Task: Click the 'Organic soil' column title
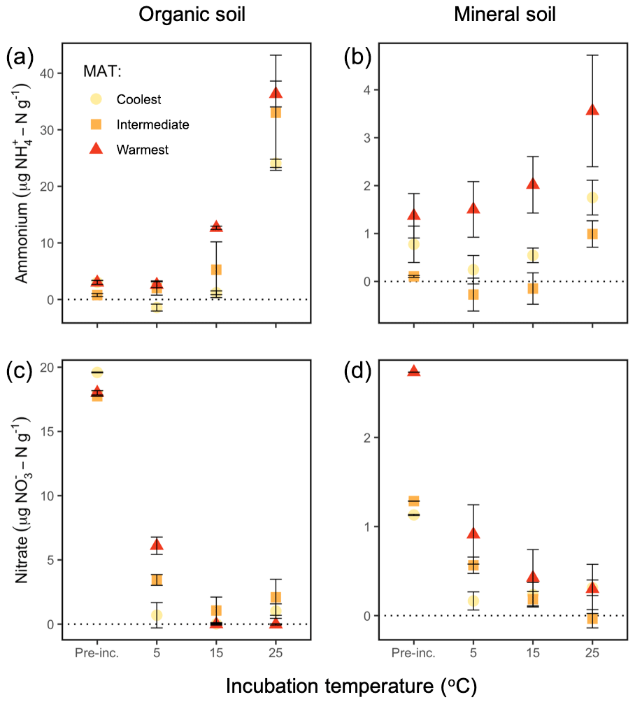click(x=192, y=15)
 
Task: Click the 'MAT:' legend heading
click(x=99, y=73)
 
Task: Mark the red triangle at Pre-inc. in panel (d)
click(x=414, y=371)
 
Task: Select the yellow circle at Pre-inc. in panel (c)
click(x=97, y=372)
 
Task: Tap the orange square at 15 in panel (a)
click(x=216, y=270)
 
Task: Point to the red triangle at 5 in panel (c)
click(x=157, y=545)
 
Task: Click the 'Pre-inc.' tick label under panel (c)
click(x=97, y=653)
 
